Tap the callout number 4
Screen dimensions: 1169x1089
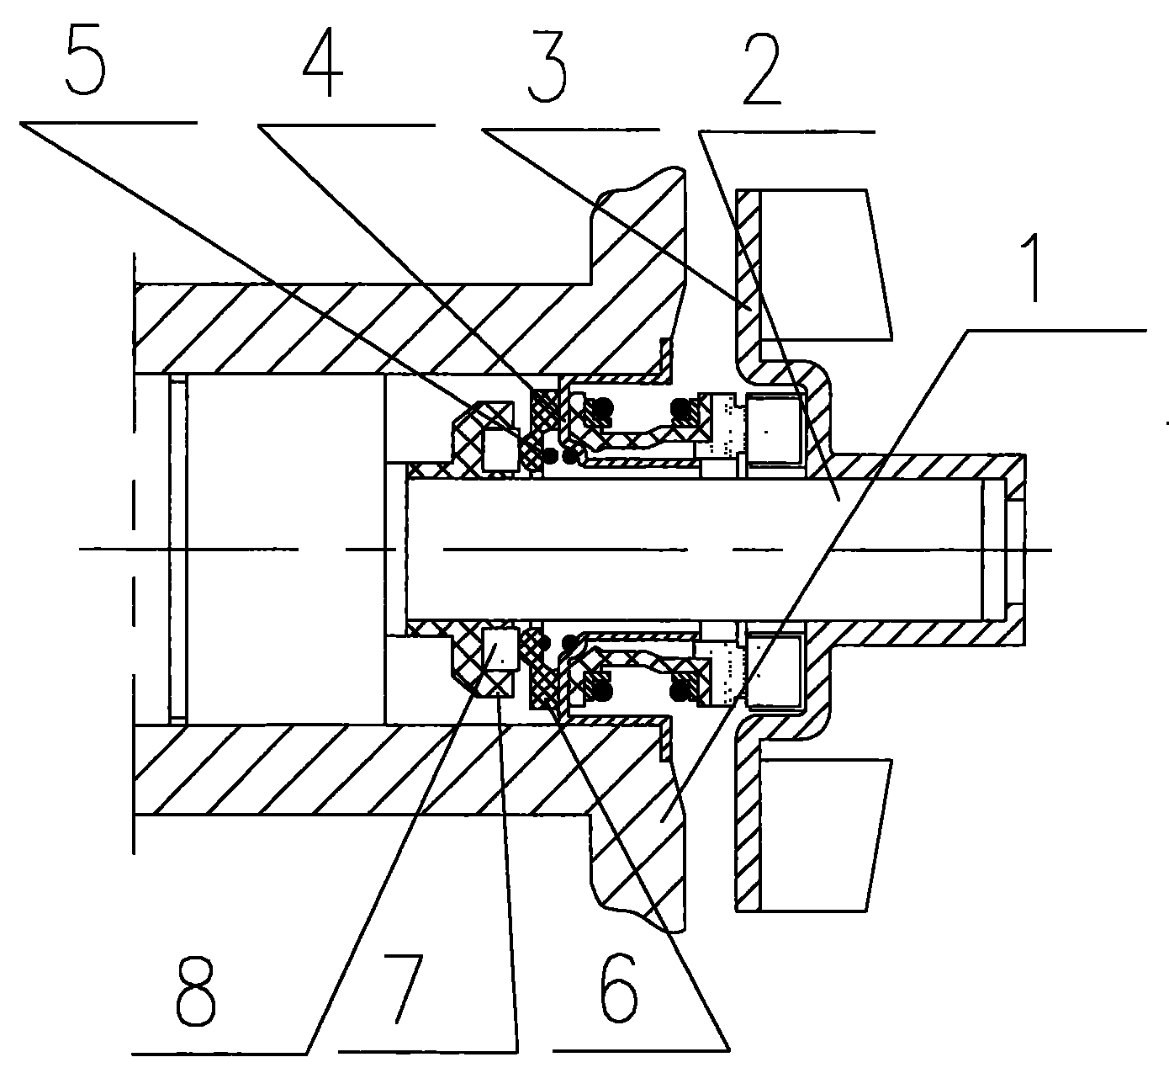pyautogui.click(x=323, y=64)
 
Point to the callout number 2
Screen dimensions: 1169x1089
pyautogui.click(x=762, y=71)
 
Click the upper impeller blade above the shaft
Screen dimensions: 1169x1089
pyautogui.click(x=824, y=264)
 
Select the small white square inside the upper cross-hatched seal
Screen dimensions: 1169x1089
pyautogui.click(x=500, y=449)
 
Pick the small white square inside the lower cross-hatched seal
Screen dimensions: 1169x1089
pyautogui.click(x=500, y=650)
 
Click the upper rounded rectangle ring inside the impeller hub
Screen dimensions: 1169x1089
pyautogui.click(x=774, y=432)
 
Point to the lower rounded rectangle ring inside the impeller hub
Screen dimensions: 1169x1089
pyautogui.click(x=774, y=669)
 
